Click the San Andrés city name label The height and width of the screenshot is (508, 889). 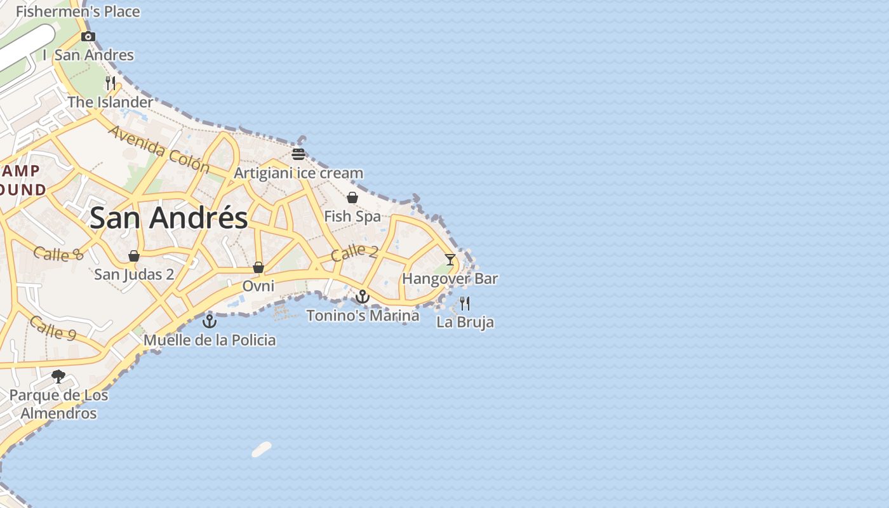coord(168,218)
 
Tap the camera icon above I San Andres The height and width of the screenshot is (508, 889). coord(88,37)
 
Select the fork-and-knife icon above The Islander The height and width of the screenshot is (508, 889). coord(110,83)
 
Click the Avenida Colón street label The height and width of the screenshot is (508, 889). coord(159,149)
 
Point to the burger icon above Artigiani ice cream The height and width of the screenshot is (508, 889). coord(298,154)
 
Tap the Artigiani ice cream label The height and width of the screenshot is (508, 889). coord(298,173)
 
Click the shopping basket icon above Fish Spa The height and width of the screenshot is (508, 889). coord(352,197)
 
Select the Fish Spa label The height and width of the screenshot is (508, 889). coord(352,217)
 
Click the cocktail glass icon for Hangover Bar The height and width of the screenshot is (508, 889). coord(450,259)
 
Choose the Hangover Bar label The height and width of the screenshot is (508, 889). coord(450,279)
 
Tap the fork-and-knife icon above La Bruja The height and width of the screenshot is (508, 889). coord(465,303)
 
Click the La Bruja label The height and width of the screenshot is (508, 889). coord(465,322)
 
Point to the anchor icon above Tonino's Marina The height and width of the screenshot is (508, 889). coord(362,297)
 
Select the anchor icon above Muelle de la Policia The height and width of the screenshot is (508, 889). coord(210,321)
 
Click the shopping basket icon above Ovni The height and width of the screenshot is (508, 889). coord(258,267)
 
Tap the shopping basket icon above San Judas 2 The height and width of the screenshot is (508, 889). coord(134,256)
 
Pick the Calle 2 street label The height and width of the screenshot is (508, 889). coord(354,252)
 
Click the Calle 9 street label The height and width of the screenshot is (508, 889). coord(55,328)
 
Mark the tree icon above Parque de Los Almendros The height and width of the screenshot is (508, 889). coord(58,376)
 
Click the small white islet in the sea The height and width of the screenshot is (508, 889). coord(262,449)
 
